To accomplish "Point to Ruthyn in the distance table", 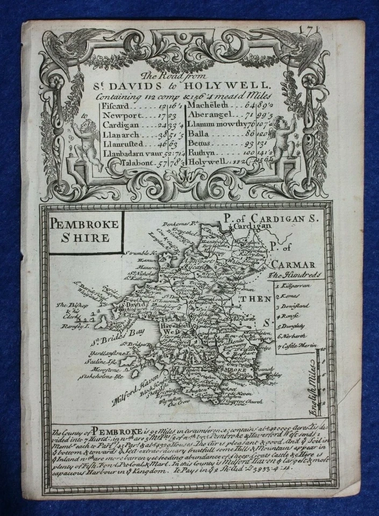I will [203, 151].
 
